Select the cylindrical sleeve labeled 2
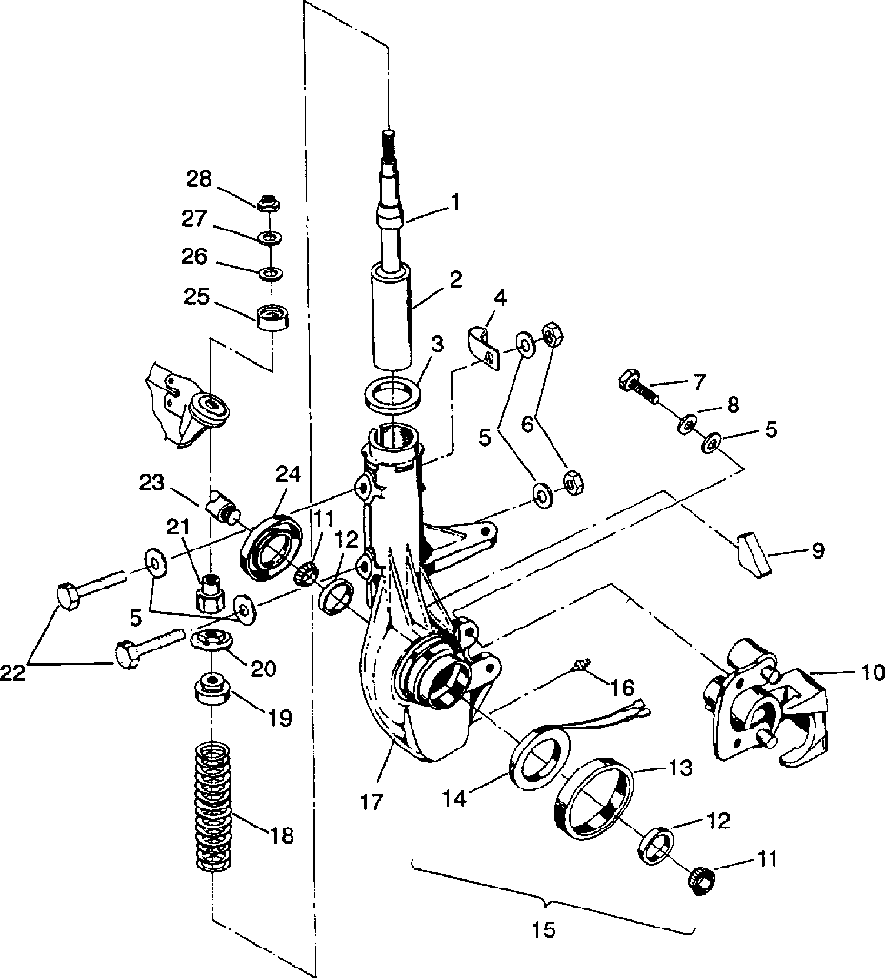pos(392,318)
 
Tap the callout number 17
pos(372,802)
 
